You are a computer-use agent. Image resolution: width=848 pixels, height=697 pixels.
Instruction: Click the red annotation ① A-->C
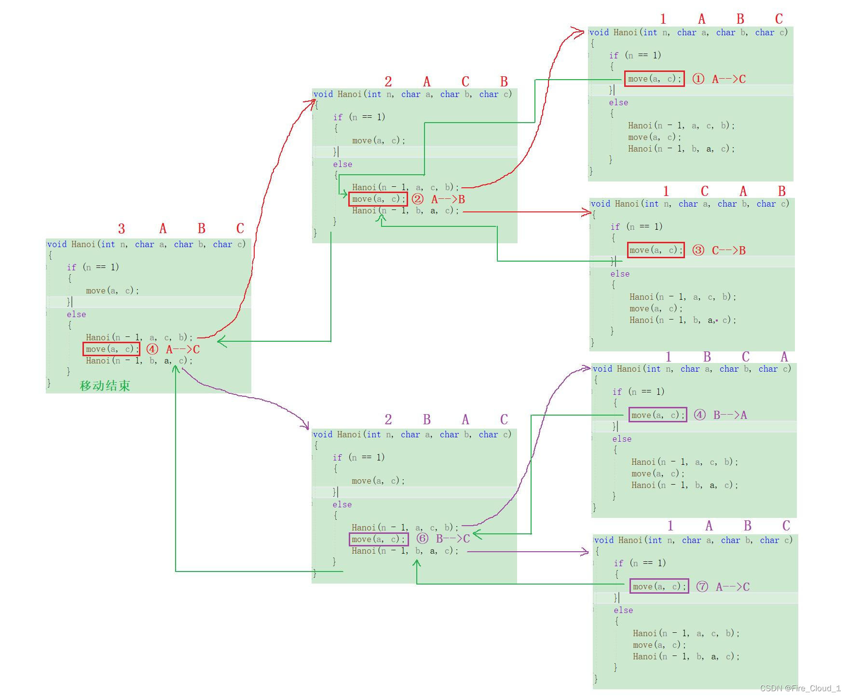[719, 79]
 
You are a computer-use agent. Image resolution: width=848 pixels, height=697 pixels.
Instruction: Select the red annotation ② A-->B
[438, 199]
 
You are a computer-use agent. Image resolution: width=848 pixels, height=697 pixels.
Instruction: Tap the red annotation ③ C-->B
[719, 251]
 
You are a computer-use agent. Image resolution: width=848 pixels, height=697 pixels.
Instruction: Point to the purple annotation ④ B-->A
[720, 415]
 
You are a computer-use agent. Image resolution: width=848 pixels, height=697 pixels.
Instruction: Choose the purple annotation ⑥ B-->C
[443, 539]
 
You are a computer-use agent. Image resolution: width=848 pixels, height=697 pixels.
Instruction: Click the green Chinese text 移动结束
[105, 386]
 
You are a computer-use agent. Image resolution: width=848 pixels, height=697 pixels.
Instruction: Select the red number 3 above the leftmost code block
[122, 228]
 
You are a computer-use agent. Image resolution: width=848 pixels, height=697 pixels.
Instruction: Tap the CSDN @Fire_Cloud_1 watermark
[800, 688]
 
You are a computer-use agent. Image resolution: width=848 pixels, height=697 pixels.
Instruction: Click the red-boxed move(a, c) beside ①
[654, 79]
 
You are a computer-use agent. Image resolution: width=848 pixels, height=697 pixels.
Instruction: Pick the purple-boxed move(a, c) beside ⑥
[379, 539]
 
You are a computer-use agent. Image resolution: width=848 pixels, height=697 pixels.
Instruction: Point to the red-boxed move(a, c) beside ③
[656, 250]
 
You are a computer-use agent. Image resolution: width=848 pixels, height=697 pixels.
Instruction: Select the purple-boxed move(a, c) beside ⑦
[659, 586]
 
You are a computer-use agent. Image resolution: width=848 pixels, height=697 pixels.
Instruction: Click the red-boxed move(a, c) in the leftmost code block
[111, 349]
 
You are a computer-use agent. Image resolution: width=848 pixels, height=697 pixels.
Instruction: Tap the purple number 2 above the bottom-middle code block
[388, 419]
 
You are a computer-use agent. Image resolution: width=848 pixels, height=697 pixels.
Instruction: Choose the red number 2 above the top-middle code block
[388, 82]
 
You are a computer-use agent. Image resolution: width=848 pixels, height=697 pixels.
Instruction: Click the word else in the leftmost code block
[76, 314]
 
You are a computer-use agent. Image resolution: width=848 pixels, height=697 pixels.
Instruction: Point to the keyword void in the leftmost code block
[57, 244]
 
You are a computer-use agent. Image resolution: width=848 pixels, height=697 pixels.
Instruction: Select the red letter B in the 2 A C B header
[504, 82]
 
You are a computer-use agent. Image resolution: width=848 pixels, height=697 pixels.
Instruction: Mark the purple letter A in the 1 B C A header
[784, 357]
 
